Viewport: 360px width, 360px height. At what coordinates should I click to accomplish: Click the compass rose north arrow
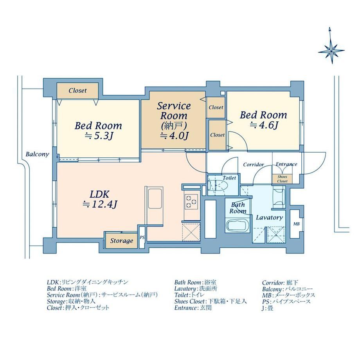click(331, 45)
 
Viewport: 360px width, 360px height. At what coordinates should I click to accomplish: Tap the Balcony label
click(37, 154)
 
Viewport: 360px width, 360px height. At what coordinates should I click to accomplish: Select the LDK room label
click(99, 194)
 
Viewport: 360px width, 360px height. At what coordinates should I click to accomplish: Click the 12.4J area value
click(100, 204)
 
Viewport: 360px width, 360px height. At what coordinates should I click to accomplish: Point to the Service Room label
click(174, 111)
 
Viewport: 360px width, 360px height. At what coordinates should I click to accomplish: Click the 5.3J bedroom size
click(99, 136)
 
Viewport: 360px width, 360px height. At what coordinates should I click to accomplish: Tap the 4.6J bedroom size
click(264, 125)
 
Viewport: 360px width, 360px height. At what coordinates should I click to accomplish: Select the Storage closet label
click(121, 241)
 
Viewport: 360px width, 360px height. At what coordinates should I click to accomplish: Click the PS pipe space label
click(142, 238)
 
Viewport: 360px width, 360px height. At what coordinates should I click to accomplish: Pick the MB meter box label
click(296, 224)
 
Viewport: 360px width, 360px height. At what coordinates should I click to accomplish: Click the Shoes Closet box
click(282, 179)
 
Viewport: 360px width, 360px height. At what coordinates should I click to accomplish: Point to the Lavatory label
click(269, 218)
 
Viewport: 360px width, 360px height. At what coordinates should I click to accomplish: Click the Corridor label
click(254, 164)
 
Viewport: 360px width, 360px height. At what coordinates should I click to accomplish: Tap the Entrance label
click(286, 164)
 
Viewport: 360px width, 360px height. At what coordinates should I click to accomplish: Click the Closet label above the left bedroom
click(77, 90)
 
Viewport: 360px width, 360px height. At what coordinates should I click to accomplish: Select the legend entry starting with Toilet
click(189, 295)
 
